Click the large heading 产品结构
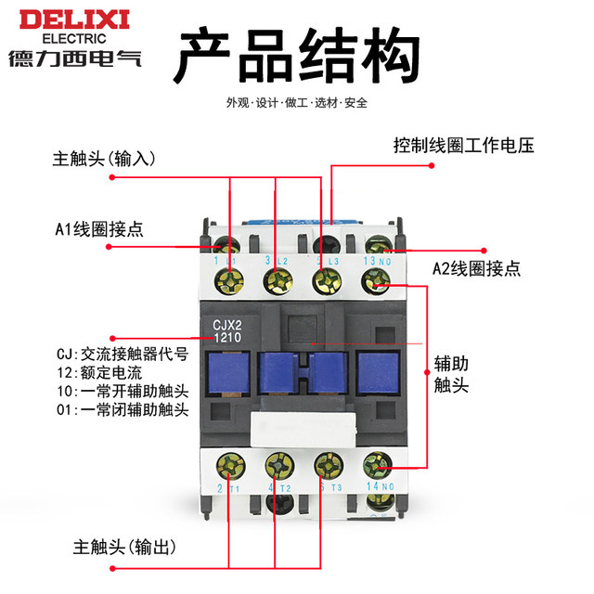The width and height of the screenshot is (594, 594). click(x=292, y=56)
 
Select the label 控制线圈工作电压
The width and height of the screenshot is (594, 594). click(x=463, y=146)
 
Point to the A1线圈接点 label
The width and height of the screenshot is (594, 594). click(x=97, y=228)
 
